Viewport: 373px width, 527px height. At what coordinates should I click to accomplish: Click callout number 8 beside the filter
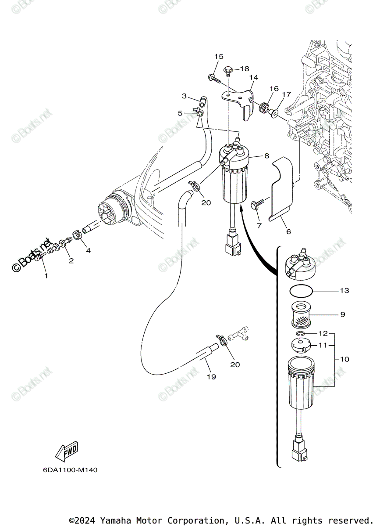(266, 155)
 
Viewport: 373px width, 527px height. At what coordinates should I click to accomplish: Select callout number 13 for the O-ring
(344, 291)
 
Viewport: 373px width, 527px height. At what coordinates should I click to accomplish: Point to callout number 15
(219, 57)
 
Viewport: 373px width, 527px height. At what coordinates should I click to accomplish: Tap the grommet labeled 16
(265, 107)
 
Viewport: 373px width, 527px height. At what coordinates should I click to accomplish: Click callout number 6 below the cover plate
(288, 231)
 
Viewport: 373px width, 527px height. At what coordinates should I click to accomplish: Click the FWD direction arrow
(67, 451)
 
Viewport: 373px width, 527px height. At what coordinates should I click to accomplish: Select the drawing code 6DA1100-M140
(70, 470)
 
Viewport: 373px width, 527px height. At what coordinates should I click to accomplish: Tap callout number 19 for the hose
(211, 377)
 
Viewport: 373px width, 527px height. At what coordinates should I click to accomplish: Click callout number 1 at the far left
(46, 276)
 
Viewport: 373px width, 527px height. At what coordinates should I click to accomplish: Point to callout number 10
(344, 359)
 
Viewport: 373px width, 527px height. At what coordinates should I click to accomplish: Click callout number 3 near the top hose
(185, 96)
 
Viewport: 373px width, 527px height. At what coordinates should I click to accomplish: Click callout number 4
(88, 251)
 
